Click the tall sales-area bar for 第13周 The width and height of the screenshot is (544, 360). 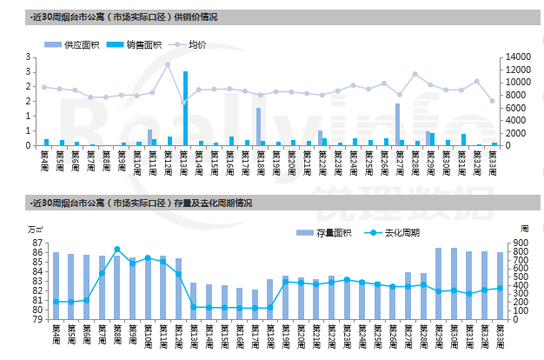(x=186, y=108)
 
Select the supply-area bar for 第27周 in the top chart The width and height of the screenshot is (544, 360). (x=397, y=124)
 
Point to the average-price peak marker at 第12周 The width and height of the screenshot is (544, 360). (x=168, y=64)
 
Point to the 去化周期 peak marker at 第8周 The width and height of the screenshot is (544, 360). (x=117, y=250)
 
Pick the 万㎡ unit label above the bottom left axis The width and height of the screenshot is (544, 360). (x=34, y=229)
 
